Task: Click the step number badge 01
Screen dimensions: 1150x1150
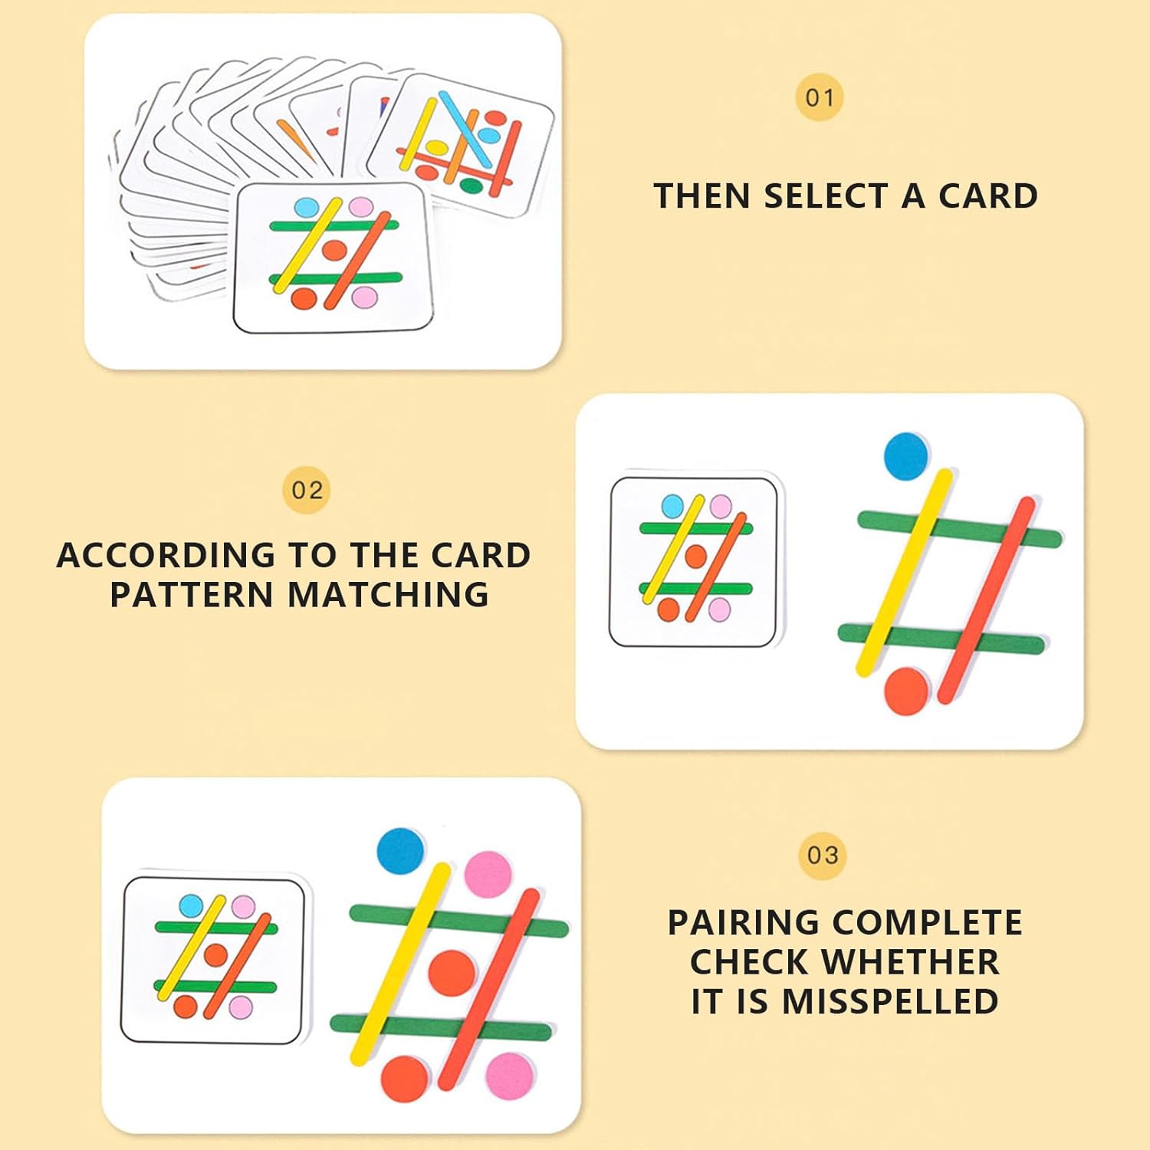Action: click(x=820, y=97)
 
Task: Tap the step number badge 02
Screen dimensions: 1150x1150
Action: click(x=307, y=491)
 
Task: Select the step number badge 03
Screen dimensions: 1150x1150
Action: click(x=823, y=855)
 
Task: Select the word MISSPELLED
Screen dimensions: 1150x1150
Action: click(x=889, y=1001)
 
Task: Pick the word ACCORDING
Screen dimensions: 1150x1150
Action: click(x=166, y=555)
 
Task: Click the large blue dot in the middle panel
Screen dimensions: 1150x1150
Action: click(x=906, y=455)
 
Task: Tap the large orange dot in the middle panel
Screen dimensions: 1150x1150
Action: click(x=907, y=691)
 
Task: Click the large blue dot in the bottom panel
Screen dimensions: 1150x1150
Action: click(x=401, y=852)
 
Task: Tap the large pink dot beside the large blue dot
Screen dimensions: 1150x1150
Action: click(x=488, y=875)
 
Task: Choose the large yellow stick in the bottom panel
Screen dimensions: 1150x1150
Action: click(x=400, y=964)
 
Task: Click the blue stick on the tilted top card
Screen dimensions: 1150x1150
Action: click(x=465, y=129)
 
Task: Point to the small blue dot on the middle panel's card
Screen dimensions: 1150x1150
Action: click(x=672, y=506)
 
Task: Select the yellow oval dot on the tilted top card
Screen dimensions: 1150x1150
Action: click(x=436, y=146)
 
